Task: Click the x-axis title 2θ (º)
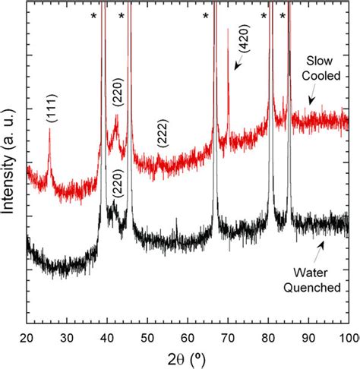(188, 358)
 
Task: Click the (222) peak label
(162, 134)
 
